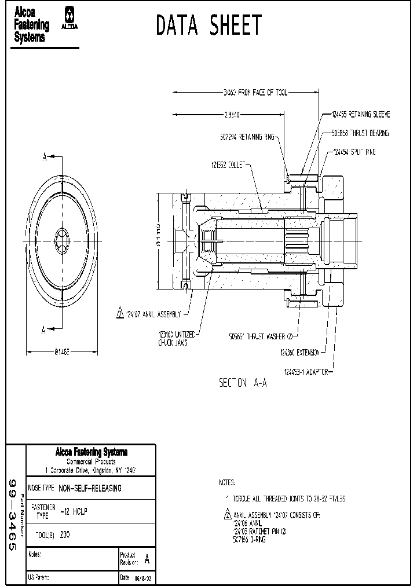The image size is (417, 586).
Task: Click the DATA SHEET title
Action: [209, 25]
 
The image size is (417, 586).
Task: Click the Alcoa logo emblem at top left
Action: [71, 18]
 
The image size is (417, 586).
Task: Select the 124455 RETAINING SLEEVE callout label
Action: [361, 115]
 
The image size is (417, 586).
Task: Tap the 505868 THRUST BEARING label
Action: [360, 133]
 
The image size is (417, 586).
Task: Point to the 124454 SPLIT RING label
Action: [355, 152]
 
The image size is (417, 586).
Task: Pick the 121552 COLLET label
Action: [229, 165]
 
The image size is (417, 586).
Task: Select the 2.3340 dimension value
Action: [232, 115]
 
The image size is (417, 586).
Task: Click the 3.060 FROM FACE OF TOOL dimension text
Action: [255, 92]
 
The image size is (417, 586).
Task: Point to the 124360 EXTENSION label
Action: [301, 351]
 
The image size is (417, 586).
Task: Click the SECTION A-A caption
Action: [243, 383]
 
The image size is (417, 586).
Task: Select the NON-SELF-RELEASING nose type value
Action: [90, 488]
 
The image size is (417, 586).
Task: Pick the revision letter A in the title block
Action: [147, 559]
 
